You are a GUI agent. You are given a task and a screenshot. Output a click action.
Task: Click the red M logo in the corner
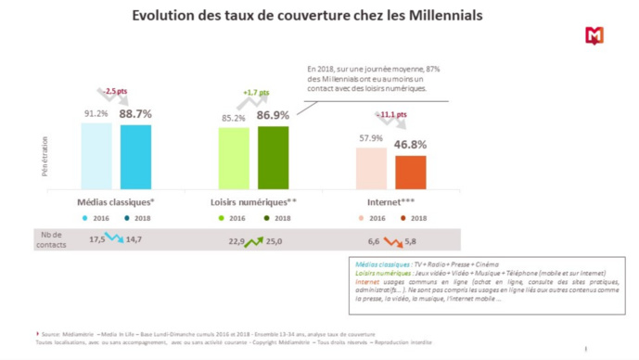pyautogui.click(x=594, y=35)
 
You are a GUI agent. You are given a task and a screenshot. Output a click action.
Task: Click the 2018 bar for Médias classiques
pyautogui.click(x=135, y=157)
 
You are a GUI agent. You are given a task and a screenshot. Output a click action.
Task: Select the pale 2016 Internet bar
pyautogui.click(x=371, y=168)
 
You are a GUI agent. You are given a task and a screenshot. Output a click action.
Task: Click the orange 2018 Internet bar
pyautogui.click(x=410, y=172)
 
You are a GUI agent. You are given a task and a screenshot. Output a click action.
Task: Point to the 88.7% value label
pyautogui.click(x=135, y=113)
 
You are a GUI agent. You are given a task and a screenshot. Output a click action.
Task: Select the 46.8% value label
pyautogui.click(x=410, y=145)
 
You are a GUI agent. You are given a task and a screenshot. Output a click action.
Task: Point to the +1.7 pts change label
pyautogui.click(x=256, y=93)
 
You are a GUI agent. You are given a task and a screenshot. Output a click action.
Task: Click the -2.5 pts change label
pyautogui.click(x=117, y=90)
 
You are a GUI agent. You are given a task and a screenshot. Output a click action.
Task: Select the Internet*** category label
pyautogui.click(x=390, y=200)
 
